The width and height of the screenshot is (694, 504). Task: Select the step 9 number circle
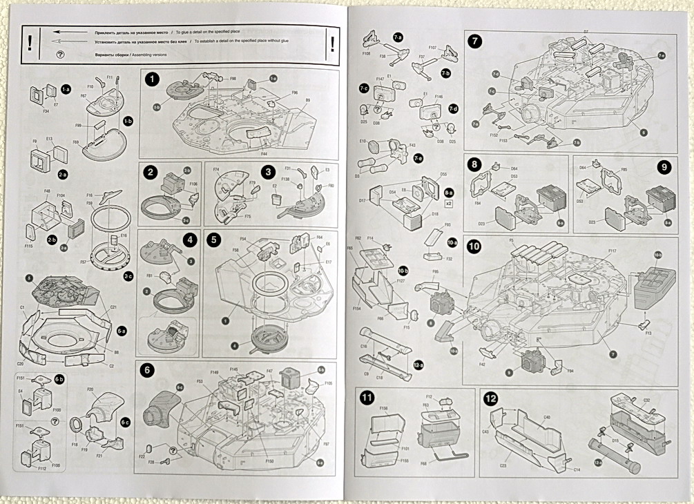(x=664, y=166)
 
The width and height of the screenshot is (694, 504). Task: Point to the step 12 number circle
(x=491, y=398)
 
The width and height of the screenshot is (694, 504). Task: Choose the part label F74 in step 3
(x=216, y=170)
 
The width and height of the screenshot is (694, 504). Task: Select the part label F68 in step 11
(x=423, y=465)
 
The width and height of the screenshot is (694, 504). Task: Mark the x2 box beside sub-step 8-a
(x=449, y=204)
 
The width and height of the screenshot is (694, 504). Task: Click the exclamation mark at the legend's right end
(x=334, y=45)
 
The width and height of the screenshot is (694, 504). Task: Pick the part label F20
(x=90, y=389)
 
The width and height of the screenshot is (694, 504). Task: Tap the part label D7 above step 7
(x=586, y=32)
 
